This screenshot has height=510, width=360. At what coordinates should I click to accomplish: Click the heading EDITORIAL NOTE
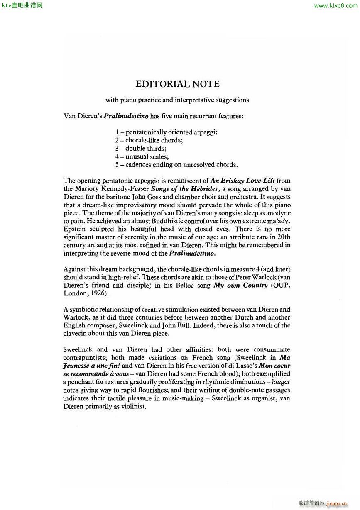[x=177, y=84]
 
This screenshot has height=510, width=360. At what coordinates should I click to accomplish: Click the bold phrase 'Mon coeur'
[x=274, y=366]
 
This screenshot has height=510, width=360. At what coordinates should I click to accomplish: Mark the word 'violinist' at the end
[x=133, y=407]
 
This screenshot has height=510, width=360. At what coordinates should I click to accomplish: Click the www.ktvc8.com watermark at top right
[x=336, y=6]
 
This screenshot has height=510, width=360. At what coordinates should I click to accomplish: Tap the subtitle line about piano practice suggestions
[x=177, y=100]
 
